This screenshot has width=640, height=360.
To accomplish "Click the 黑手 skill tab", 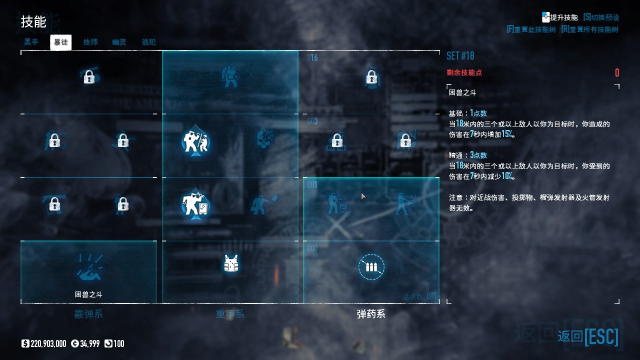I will (x=31, y=42).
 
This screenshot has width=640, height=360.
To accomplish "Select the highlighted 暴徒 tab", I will (x=61, y=42).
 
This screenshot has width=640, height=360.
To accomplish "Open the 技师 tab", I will (x=90, y=42).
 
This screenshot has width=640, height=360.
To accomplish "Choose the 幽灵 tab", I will (x=119, y=42).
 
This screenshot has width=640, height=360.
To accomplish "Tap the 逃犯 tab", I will (x=148, y=42).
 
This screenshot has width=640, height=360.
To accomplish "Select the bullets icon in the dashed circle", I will (x=371, y=267).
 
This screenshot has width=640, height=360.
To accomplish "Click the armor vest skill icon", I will (x=230, y=263).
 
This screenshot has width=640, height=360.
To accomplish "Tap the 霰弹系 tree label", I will (x=88, y=314).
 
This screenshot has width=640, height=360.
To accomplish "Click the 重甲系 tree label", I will (x=230, y=314).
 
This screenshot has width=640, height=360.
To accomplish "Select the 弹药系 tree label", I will (x=371, y=314).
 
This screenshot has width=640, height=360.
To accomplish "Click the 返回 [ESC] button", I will (x=588, y=336).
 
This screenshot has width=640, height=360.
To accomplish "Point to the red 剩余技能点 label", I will (x=464, y=73).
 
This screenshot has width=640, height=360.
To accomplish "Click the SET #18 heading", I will (x=460, y=55).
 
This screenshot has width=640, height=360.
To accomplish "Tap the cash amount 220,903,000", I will (x=48, y=343).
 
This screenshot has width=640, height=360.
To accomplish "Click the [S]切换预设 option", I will (x=601, y=17).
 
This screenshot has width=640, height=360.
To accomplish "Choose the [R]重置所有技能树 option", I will (x=589, y=29).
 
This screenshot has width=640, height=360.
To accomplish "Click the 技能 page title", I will (x=33, y=22).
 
